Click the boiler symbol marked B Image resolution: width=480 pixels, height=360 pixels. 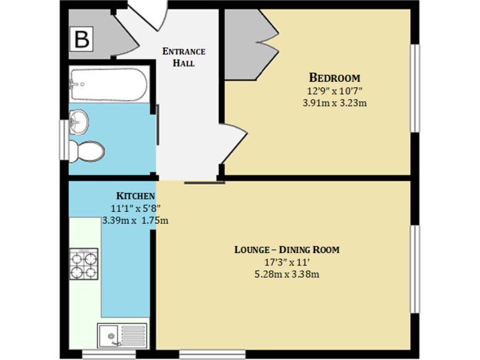pos(82,39)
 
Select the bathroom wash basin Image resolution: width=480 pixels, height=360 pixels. pos(80,122)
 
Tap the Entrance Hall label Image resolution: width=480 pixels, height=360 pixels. pos(183,57)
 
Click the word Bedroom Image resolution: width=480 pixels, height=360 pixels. pos(334,78)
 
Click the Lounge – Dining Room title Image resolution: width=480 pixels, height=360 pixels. pos(286,249)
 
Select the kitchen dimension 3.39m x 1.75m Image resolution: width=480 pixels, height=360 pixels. pos(135,220)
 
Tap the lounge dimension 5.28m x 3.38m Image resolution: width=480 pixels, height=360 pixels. pos(286,274)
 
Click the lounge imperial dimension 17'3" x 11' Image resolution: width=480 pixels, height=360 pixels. pos(286,262)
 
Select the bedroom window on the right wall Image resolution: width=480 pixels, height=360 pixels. pos(414,87)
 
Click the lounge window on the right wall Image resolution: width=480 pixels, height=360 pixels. pos(414,269)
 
